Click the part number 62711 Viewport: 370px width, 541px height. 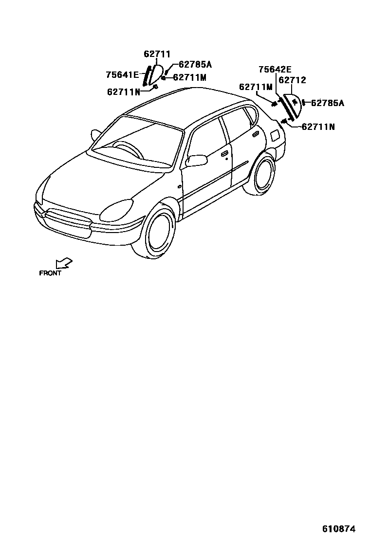(x=157, y=54)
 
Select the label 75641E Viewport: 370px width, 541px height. (x=122, y=74)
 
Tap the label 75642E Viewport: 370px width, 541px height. (x=275, y=69)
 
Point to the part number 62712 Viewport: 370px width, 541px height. (x=292, y=80)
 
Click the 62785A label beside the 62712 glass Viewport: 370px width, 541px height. (x=327, y=103)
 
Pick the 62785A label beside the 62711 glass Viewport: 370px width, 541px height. (x=195, y=64)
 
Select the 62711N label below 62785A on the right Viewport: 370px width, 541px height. (x=318, y=126)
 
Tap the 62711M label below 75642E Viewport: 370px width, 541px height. (x=255, y=87)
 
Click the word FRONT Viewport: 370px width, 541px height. (x=50, y=273)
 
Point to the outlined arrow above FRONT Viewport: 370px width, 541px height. (x=64, y=263)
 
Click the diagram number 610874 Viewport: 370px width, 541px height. (x=338, y=528)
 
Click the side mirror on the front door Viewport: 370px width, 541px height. (x=197, y=160)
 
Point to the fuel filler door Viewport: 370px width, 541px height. (x=276, y=135)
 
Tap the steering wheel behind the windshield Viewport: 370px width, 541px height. (x=126, y=148)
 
